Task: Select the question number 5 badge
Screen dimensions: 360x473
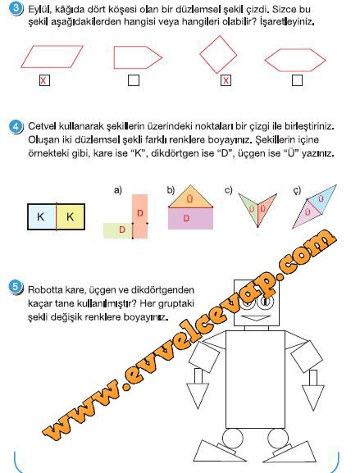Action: coord(16,287)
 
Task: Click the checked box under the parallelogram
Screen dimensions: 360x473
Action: coord(44,80)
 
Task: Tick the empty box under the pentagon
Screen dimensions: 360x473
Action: coord(134,80)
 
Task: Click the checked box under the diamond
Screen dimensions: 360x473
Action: coord(226,80)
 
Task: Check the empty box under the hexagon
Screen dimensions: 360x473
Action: coord(297,80)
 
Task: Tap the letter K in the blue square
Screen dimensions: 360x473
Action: coord(40,216)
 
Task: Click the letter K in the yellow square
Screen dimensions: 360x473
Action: coord(70,216)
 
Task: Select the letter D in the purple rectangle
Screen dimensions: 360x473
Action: coord(186,218)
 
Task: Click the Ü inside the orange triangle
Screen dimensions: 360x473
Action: coord(189,199)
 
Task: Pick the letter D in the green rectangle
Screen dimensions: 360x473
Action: coord(122,230)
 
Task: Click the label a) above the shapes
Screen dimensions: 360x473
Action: coord(117,190)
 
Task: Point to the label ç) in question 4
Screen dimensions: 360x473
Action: coord(297,191)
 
